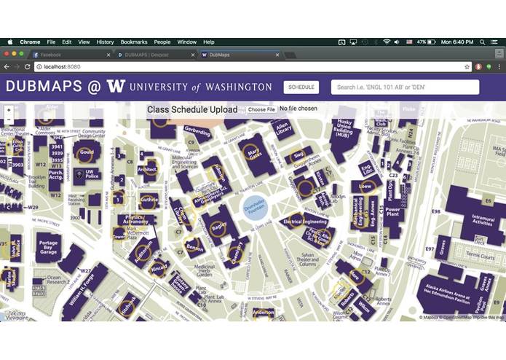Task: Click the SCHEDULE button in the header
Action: [301, 87]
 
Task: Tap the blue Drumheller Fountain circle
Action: [256, 208]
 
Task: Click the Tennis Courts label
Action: [478, 255]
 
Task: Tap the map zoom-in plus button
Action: [9, 111]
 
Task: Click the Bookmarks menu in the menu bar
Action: [133, 42]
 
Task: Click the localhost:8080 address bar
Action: [218, 66]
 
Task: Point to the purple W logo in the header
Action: [116, 86]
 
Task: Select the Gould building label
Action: [86, 153]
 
